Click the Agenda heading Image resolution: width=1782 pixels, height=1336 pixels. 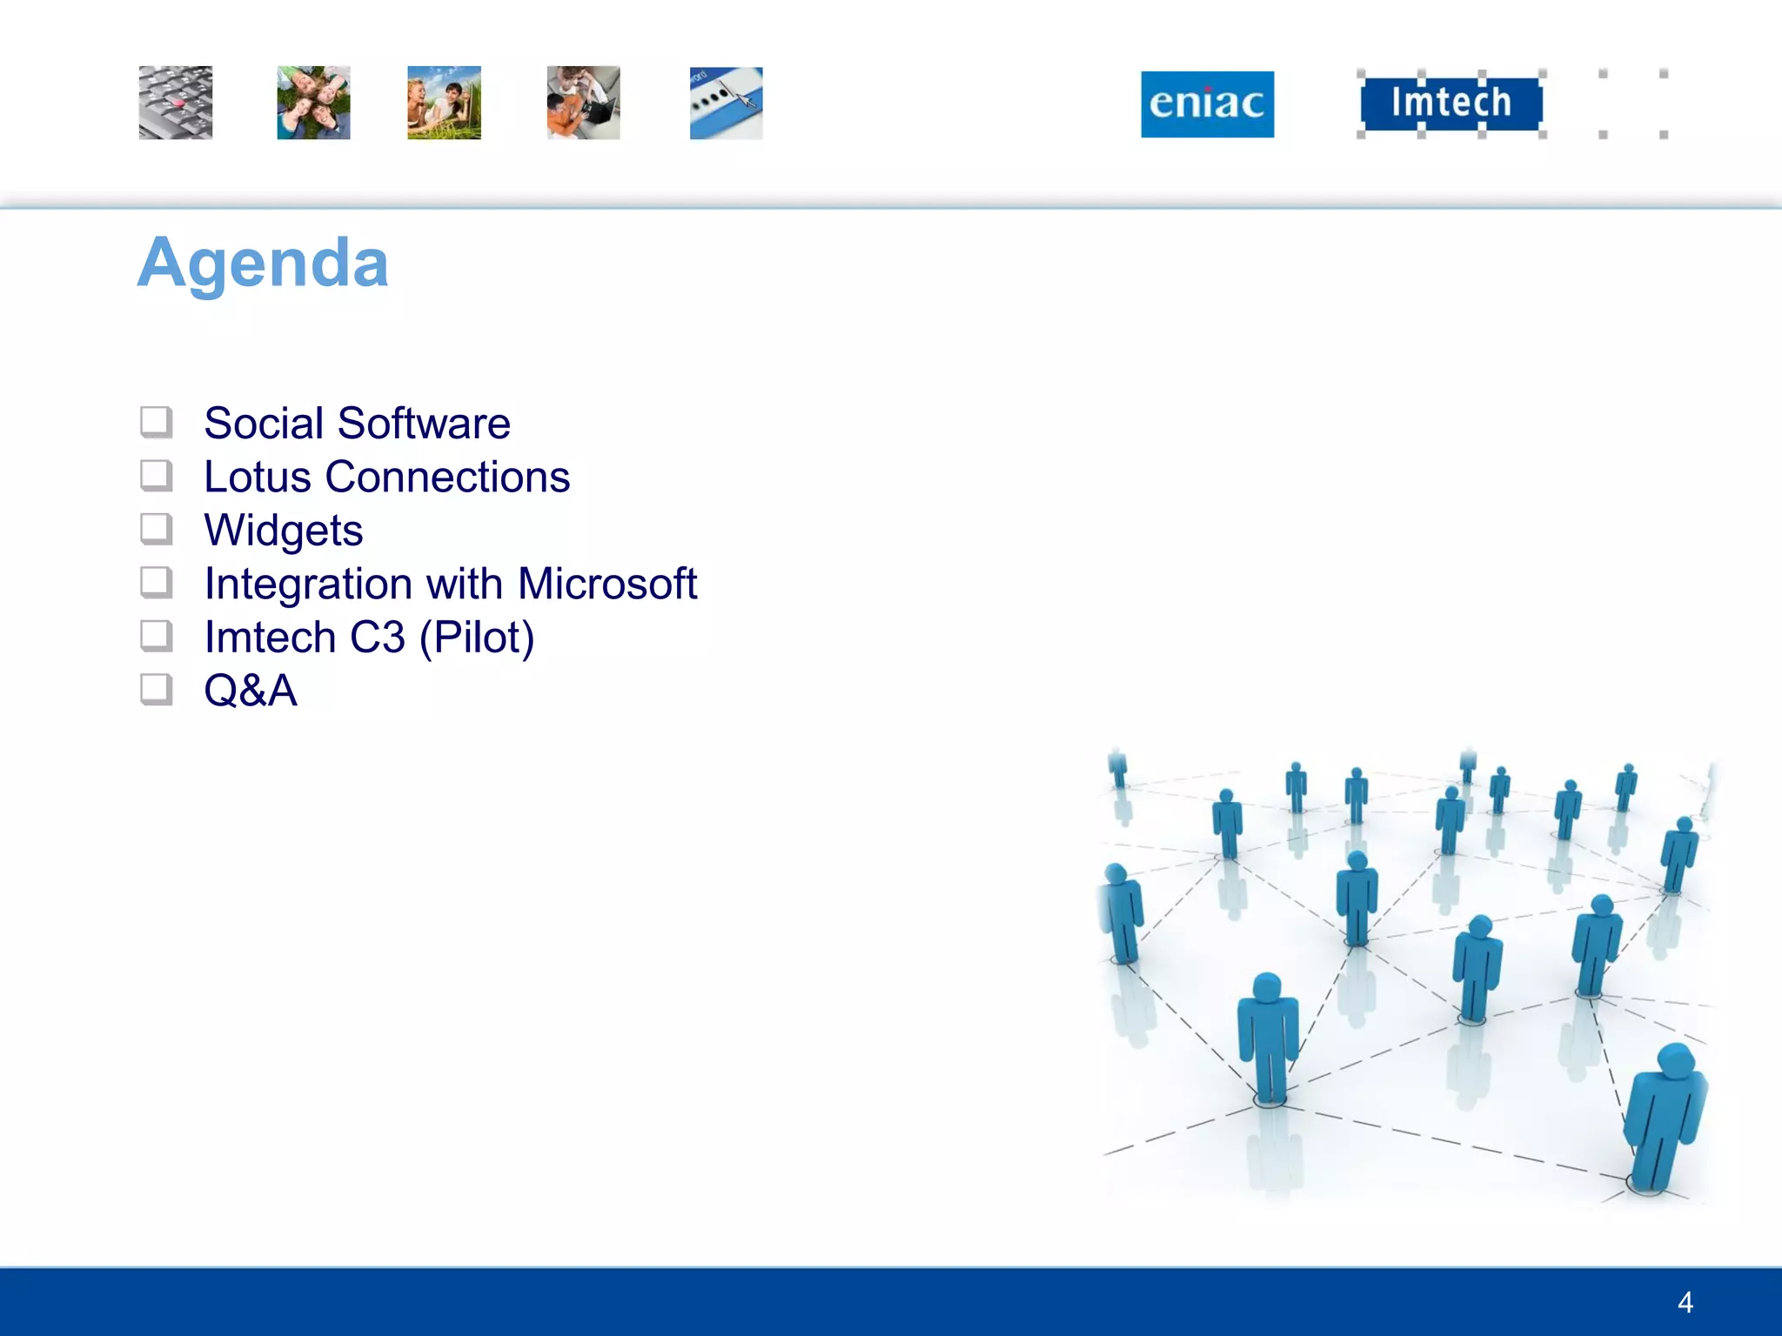[x=263, y=263]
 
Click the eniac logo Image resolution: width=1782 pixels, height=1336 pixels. [x=1207, y=104]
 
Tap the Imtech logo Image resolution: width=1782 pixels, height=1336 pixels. [x=1450, y=103]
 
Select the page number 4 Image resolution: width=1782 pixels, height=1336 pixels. [x=1685, y=1302]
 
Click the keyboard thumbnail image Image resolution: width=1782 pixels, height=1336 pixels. [x=176, y=103]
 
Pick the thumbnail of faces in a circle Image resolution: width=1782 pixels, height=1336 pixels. [x=313, y=103]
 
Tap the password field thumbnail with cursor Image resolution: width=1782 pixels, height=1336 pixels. [x=726, y=103]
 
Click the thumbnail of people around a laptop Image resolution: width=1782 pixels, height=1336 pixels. [x=583, y=103]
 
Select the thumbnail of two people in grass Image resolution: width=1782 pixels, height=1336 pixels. [x=444, y=103]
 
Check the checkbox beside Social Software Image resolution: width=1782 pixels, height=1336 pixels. [x=157, y=423]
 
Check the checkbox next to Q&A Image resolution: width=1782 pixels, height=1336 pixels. [x=157, y=690]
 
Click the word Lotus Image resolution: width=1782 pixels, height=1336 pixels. [x=258, y=477]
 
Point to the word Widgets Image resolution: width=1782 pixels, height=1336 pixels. [x=284, y=531]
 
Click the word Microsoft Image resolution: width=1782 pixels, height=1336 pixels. [x=607, y=584]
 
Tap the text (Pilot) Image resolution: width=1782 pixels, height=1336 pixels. [x=476, y=638]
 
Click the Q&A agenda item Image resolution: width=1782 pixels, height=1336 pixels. [x=251, y=691]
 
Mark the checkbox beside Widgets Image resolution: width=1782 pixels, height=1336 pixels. [x=157, y=529]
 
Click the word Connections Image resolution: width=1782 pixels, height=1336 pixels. [x=447, y=477]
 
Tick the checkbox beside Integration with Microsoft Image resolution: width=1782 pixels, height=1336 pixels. [x=157, y=583]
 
